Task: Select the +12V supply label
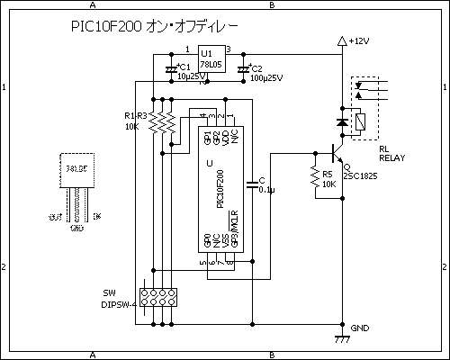(x=358, y=41)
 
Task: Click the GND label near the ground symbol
(x=360, y=328)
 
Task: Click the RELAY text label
(x=392, y=157)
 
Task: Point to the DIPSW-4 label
(x=119, y=304)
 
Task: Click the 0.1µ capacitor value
(x=266, y=191)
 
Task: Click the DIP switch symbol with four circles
(x=162, y=296)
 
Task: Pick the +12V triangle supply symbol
(x=341, y=41)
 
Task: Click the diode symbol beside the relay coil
(x=341, y=121)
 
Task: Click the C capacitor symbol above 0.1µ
(x=253, y=184)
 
